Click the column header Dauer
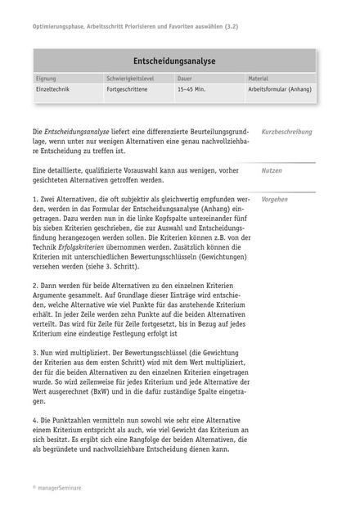pyautogui.click(x=186, y=79)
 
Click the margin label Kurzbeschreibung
pyautogui.click(x=286, y=132)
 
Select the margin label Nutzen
pyautogui.click(x=272, y=171)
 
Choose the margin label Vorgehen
pyautogui.click(x=275, y=199)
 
